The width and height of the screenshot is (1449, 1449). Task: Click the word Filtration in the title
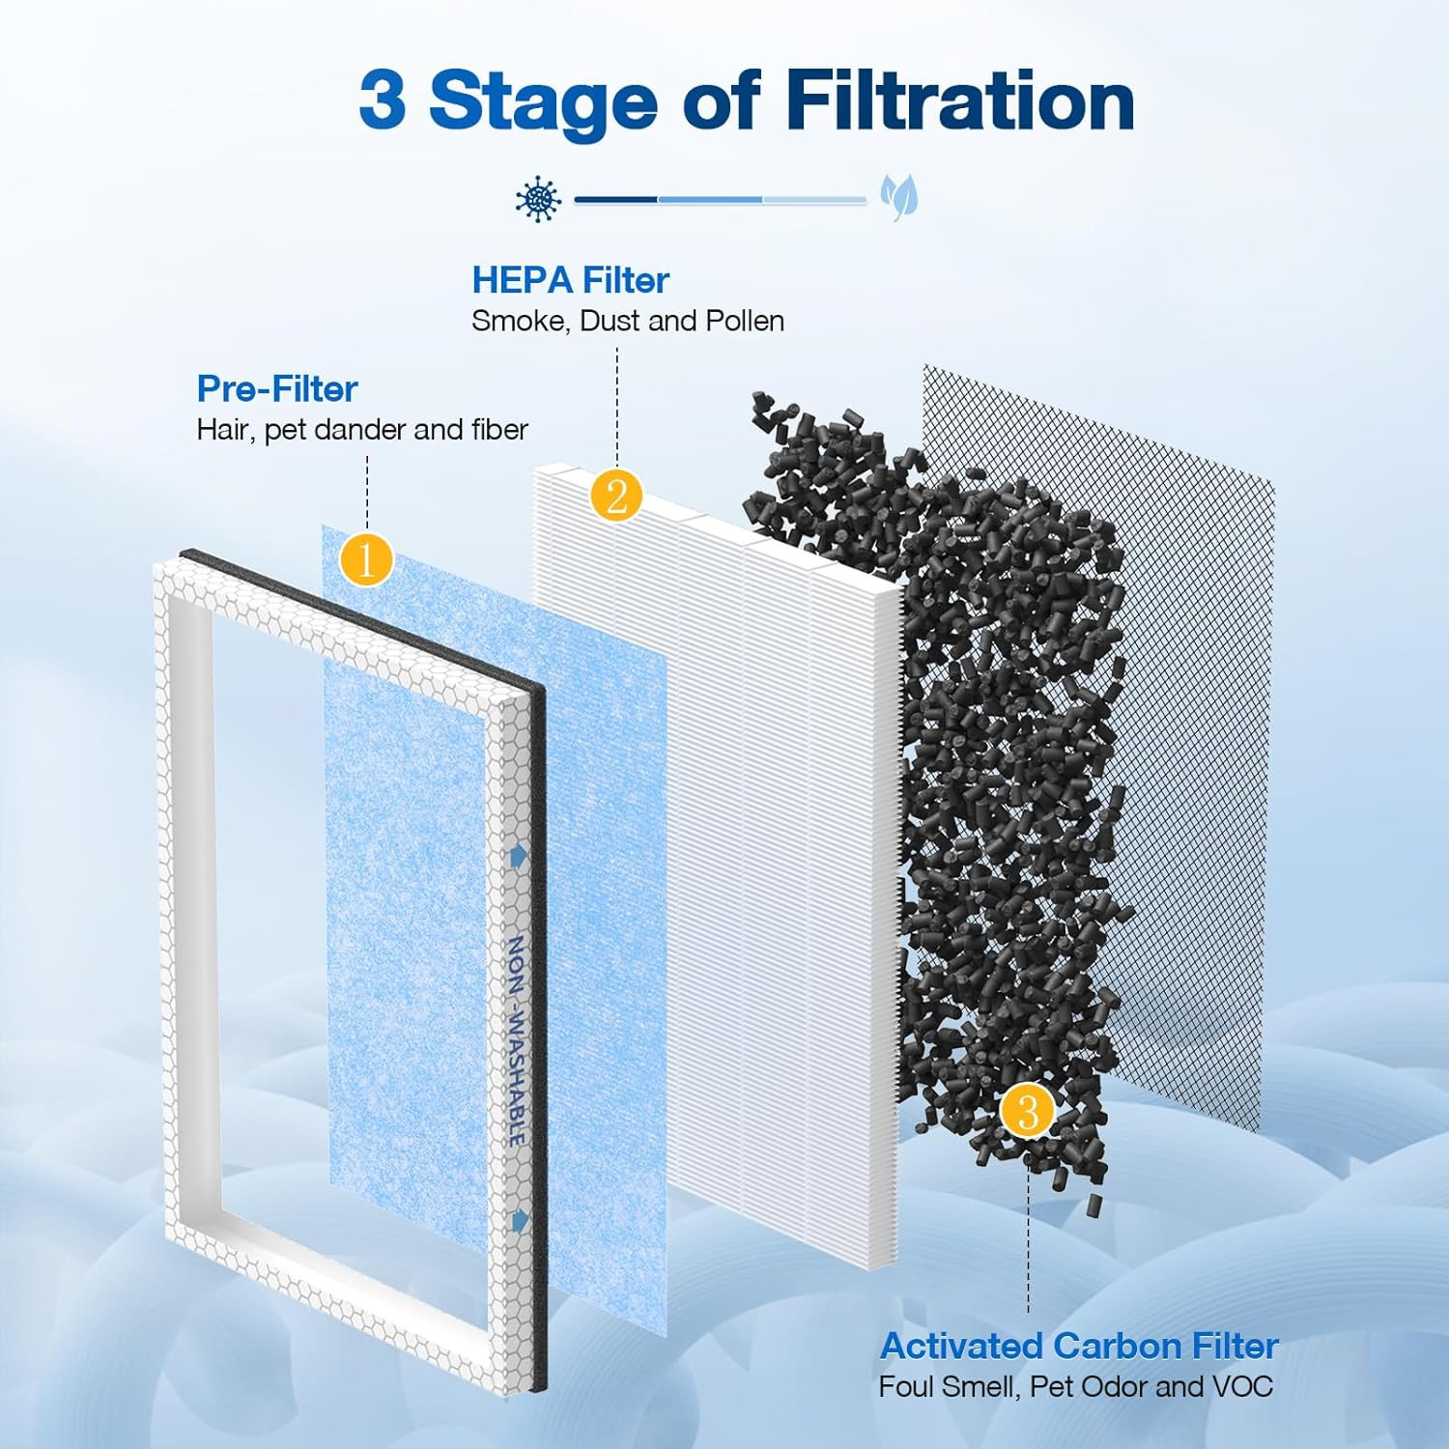959,100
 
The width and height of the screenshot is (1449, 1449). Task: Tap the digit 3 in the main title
382,100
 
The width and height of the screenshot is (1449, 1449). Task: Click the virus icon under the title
538,200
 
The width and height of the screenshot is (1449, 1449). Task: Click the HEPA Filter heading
570,280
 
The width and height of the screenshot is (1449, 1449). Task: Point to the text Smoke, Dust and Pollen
627,321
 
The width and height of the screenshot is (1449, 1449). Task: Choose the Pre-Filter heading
277,388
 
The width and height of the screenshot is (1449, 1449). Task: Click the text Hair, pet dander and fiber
362,430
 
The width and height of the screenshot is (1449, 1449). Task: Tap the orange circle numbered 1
366,559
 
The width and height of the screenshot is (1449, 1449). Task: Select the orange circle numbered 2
616,496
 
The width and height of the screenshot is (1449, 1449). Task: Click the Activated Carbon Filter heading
1079,1346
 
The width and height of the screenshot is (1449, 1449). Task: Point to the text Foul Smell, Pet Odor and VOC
1075,1387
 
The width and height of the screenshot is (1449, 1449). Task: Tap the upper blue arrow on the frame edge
520,855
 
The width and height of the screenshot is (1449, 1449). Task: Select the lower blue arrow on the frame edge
521,1220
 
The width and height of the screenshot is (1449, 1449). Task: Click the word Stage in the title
543,100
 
